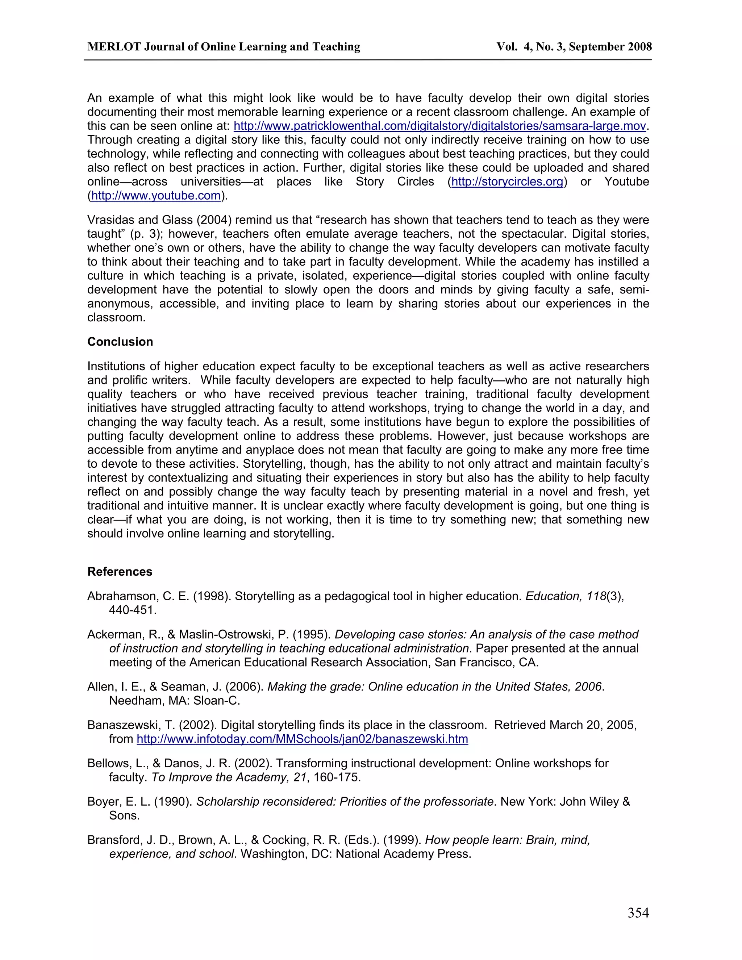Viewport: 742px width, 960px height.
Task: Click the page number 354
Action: [638, 913]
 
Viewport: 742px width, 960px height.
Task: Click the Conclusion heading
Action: [120, 342]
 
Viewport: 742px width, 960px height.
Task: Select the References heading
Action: [120, 571]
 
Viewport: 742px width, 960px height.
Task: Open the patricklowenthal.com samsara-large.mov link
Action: [439, 126]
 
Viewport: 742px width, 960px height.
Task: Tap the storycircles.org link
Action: [507, 182]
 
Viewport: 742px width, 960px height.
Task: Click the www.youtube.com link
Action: [155, 196]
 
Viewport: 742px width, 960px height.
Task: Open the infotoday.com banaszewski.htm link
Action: [302, 739]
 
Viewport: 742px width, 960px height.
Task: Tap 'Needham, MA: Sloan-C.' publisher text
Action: [175, 701]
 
